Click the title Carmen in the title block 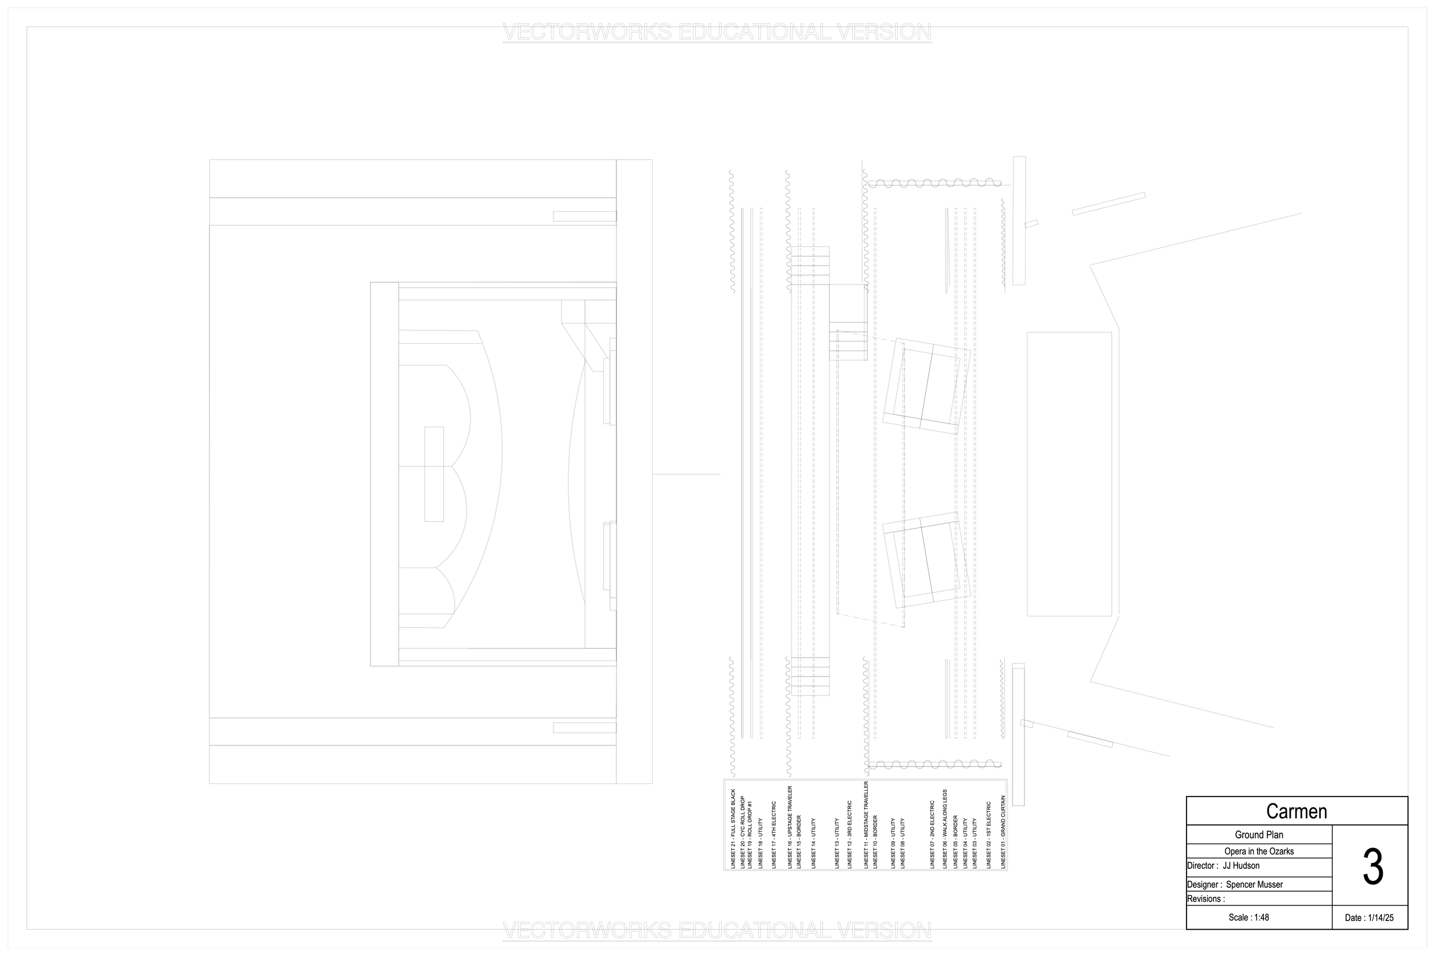pos(1296,811)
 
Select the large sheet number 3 pos(1372,868)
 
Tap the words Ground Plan pos(1259,835)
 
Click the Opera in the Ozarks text pos(1259,851)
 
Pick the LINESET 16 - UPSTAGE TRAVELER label pos(790,827)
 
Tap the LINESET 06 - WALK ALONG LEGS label pos(945,829)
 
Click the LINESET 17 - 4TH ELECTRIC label pos(774,834)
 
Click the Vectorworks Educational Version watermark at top pos(716,32)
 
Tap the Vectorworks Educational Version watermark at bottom pos(716,931)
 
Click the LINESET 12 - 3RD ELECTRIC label pos(850,834)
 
